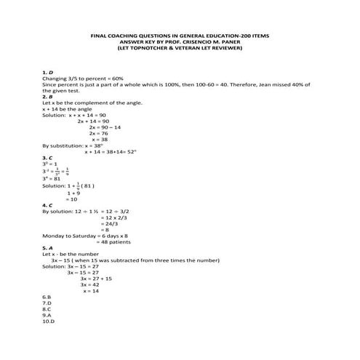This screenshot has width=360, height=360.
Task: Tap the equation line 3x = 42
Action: (x=95, y=306)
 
